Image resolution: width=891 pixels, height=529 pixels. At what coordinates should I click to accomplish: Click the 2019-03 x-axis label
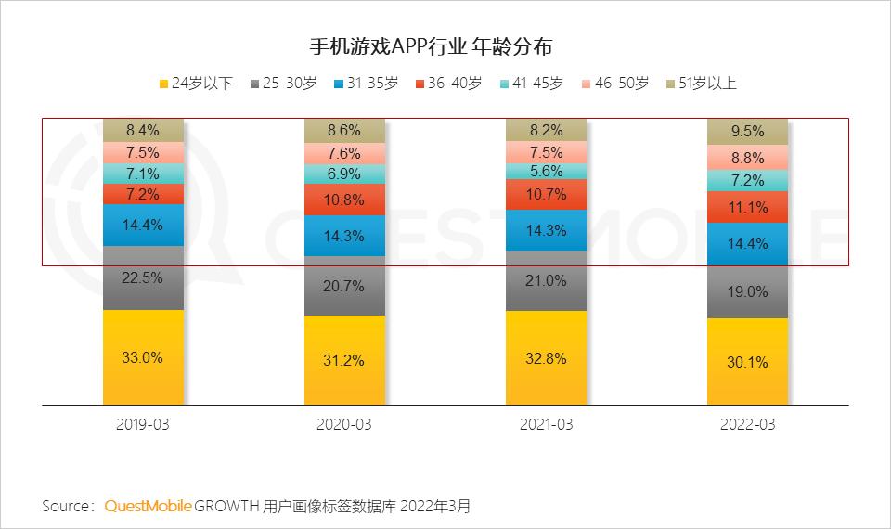143,424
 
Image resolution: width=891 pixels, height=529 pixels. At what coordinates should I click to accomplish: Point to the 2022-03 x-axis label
746,424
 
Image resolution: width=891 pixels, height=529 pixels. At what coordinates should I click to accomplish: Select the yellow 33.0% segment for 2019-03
143,358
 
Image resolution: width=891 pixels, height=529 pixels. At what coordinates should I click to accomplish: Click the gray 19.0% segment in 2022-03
746,291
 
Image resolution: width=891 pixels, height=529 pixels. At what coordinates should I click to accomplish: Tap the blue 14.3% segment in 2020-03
344,236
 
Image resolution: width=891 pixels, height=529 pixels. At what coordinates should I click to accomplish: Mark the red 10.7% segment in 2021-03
546,195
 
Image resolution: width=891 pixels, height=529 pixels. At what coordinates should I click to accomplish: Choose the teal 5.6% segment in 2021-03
546,171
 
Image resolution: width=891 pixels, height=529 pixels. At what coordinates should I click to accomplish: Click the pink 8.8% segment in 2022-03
746,158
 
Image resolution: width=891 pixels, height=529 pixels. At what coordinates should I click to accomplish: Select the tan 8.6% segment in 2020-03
344,131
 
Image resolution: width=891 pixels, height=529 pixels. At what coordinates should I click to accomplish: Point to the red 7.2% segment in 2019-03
143,194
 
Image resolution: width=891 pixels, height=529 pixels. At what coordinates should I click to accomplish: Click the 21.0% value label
546,280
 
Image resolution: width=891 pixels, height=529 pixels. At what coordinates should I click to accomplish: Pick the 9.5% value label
746,132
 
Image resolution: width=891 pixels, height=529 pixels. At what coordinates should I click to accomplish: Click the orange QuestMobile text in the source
148,506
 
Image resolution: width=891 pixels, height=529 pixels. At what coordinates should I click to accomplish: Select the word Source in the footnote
66,506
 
